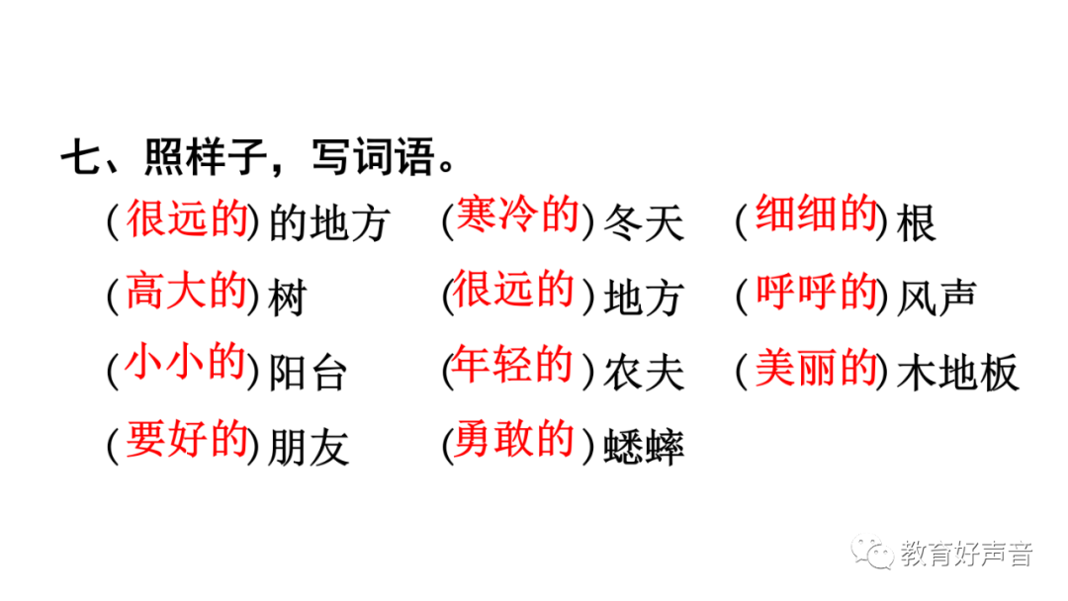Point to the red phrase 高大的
coord(186,292)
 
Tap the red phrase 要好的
coord(186,442)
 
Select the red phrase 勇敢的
coord(514,442)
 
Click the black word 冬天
coord(644,223)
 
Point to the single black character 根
coord(917,224)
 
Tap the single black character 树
coord(288,298)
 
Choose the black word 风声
coord(937,298)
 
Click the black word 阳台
coord(309,374)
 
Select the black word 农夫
coord(644,374)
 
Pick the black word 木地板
coord(957,374)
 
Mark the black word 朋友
coord(309,448)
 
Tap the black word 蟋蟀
coord(644,449)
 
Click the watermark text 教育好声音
coord(966,555)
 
